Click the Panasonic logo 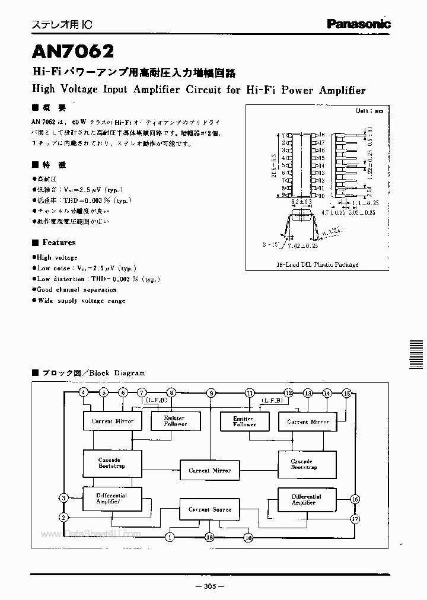point(359,24)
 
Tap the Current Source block point(209,509)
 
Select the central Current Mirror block point(209,470)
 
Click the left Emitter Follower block point(176,421)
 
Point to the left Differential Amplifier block point(111,498)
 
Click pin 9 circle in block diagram point(210,392)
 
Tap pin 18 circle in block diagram point(209,537)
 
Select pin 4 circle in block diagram point(84,392)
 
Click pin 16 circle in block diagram point(355,499)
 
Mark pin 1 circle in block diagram point(170,537)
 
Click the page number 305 point(209,586)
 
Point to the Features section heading point(58,242)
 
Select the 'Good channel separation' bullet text point(77,290)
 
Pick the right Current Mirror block point(308,422)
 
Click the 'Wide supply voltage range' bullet point(81,301)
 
